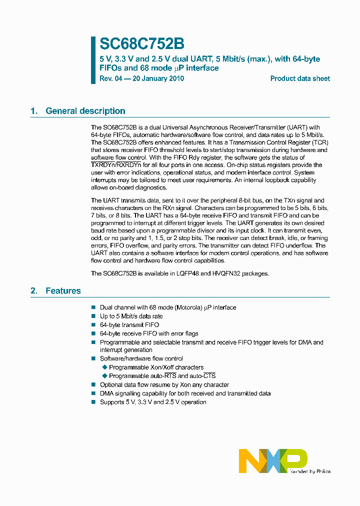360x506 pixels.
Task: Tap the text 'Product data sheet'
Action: coord(300,78)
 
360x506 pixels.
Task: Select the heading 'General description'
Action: coord(85,111)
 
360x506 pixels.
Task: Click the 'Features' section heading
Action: coord(63,290)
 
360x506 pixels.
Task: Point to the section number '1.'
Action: coord(34,111)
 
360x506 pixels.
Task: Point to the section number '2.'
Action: coord(34,290)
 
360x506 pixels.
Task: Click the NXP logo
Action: coord(272,460)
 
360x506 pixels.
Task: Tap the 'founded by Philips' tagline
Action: coord(311,471)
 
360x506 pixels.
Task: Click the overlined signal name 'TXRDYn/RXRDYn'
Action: coord(116,164)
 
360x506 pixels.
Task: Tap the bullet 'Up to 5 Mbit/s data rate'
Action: coord(131,316)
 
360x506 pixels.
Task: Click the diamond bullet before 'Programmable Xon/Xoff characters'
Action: coord(104,367)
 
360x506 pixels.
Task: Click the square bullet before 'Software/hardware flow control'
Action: coord(93,358)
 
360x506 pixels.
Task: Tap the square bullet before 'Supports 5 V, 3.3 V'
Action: coord(93,402)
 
